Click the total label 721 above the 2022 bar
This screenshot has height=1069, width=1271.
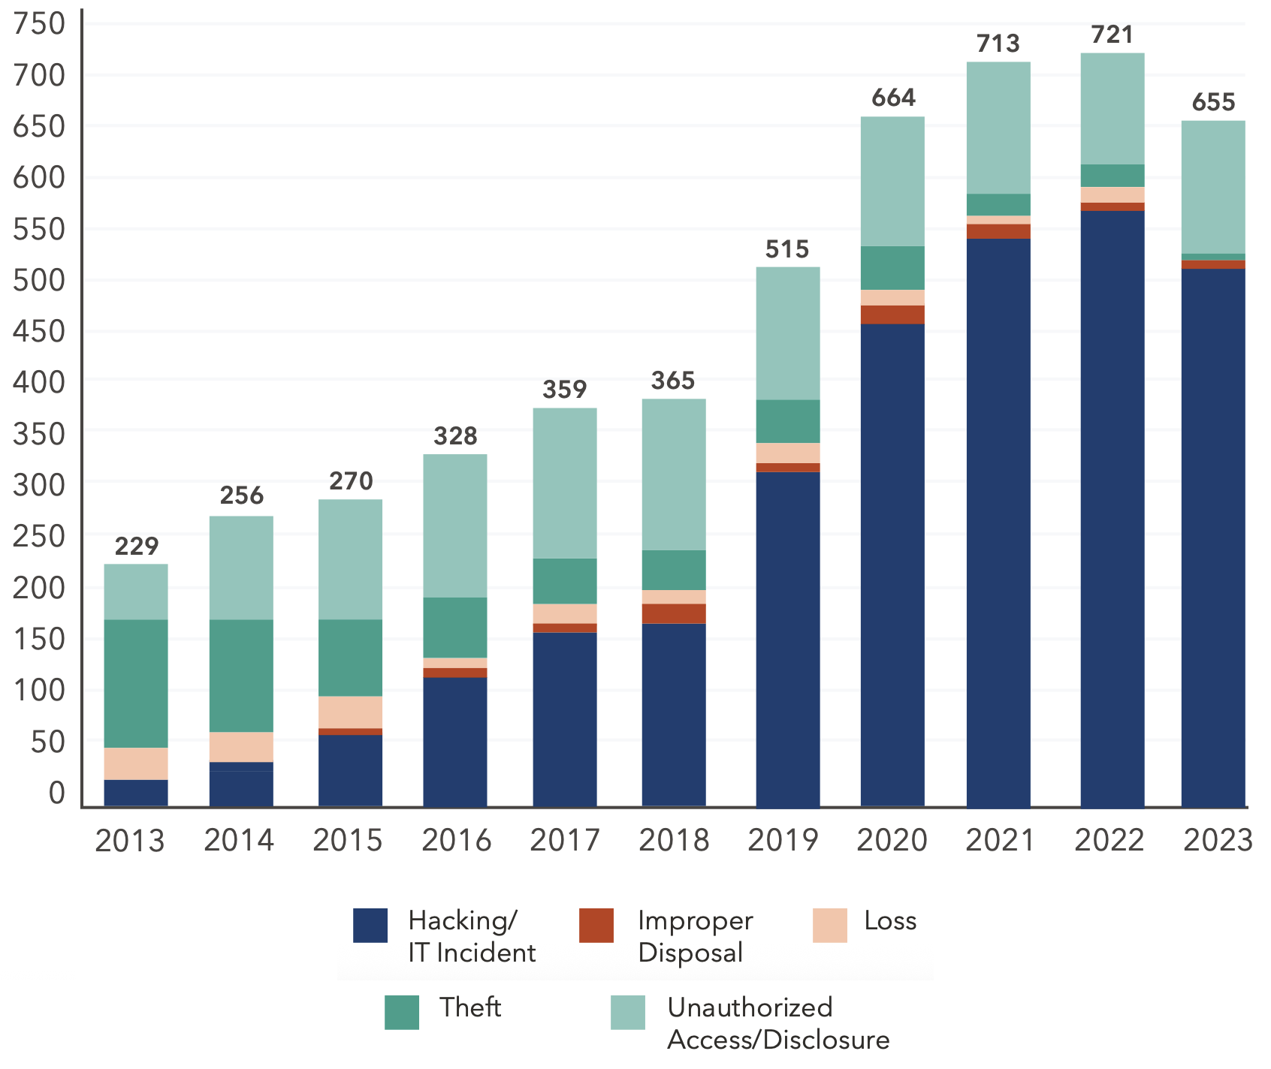(x=1112, y=35)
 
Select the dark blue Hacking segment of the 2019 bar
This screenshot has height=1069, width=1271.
(x=787, y=639)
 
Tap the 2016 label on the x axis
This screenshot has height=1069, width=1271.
(x=456, y=840)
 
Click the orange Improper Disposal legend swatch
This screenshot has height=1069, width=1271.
(x=596, y=926)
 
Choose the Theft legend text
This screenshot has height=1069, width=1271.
(x=470, y=1007)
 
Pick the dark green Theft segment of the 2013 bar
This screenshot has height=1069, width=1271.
(x=136, y=683)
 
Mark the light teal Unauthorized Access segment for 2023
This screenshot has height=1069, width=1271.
(x=1212, y=187)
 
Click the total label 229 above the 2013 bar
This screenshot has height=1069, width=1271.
(x=136, y=546)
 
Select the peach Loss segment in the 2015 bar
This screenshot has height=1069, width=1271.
(x=350, y=712)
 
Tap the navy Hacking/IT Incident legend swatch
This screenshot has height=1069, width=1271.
(x=370, y=926)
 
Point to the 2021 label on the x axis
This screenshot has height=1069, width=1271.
(x=1000, y=840)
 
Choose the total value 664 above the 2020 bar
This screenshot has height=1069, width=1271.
(x=893, y=98)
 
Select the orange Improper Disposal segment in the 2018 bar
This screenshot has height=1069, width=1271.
(x=674, y=613)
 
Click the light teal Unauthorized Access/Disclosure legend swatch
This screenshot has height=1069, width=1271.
(x=627, y=1012)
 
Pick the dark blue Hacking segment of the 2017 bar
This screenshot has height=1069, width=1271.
(x=565, y=719)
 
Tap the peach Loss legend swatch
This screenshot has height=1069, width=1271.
(x=829, y=926)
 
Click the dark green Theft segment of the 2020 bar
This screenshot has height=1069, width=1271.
(x=892, y=268)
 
